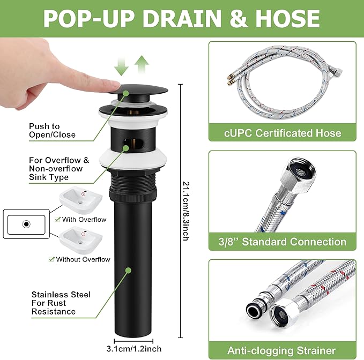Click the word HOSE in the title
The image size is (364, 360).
[x=288, y=18]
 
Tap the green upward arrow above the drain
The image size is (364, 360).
[x=142, y=64]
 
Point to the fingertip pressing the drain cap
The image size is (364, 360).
[x=114, y=86]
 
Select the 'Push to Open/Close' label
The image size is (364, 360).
[x=52, y=130]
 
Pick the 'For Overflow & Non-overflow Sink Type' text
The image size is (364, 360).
[x=59, y=169]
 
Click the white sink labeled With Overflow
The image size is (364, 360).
[x=81, y=200]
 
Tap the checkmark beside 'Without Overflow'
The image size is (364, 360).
[x=51, y=259]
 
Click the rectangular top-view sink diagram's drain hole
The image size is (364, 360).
[x=26, y=224]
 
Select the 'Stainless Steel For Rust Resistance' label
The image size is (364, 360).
[x=61, y=303]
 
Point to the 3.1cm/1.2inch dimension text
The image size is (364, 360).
[x=134, y=349]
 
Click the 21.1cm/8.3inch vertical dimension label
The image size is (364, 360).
[x=186, y=211]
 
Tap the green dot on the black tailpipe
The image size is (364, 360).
[x=128, y=271]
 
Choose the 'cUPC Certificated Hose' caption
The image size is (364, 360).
[x=283, y=133]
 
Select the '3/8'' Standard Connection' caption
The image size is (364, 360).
[x=283, y=242]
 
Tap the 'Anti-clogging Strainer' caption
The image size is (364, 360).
[x=281, y=350]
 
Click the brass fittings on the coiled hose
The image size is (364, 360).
[x=229, y=80]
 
